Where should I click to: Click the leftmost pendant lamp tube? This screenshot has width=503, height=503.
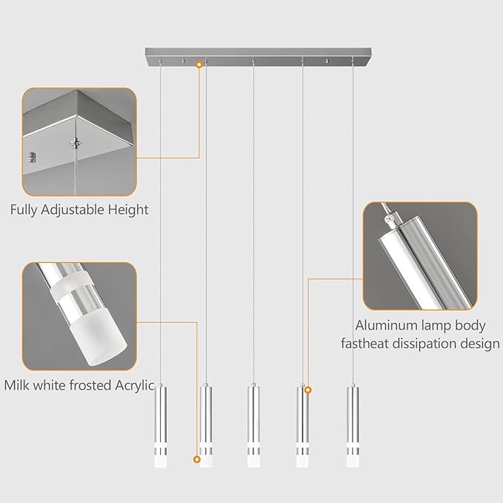tap(161, 426)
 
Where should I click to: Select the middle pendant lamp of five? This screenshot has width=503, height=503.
tap(254, 426)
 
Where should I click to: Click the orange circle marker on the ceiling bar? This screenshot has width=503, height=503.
tap(199, 65)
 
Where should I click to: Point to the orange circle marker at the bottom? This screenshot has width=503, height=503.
tap(197, 460)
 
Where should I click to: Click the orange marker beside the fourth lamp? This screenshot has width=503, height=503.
tap(308, 389)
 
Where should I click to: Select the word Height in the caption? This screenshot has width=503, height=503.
tap(130, 210)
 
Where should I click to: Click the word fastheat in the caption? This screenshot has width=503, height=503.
tap(364, 344)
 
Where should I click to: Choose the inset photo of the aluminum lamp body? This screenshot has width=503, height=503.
tap(420, 256)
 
